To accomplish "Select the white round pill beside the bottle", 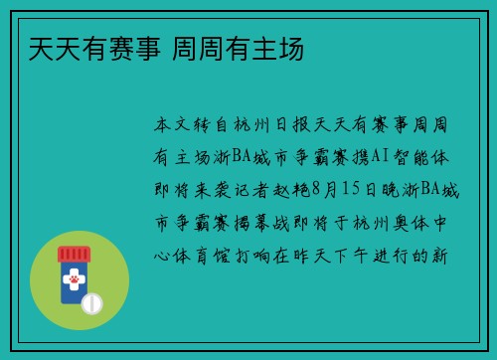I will [92, 300].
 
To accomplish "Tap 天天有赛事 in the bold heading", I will [87, 47].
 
